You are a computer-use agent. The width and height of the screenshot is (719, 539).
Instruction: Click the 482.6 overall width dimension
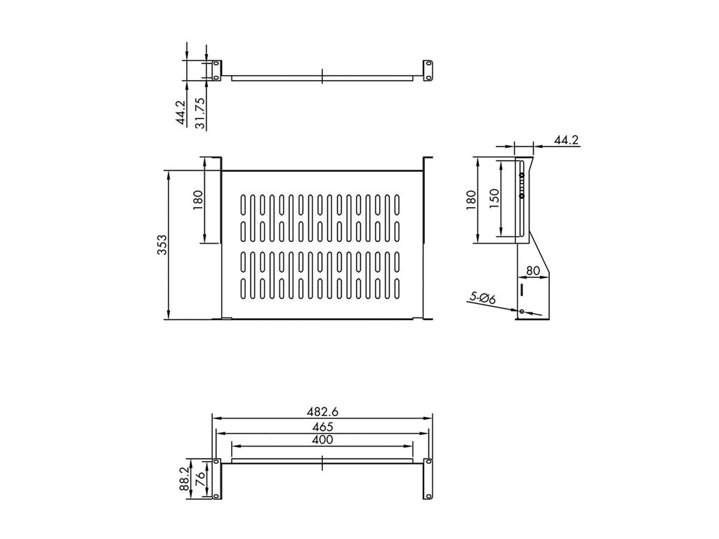click(x=322, y=411)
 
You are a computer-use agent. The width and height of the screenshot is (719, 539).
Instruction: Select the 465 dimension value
click(x=323, y=426)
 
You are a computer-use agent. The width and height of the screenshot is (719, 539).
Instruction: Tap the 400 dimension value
click(x=322, y=439)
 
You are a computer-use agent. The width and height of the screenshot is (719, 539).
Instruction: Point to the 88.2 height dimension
click(x=185, y=479)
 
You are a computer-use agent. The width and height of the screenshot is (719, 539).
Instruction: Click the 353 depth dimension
click(x=162, y=245)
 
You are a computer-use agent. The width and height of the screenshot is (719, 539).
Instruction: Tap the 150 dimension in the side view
click(x=494, y=199)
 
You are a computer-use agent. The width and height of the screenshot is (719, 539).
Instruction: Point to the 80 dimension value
click(x=532, y=270)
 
